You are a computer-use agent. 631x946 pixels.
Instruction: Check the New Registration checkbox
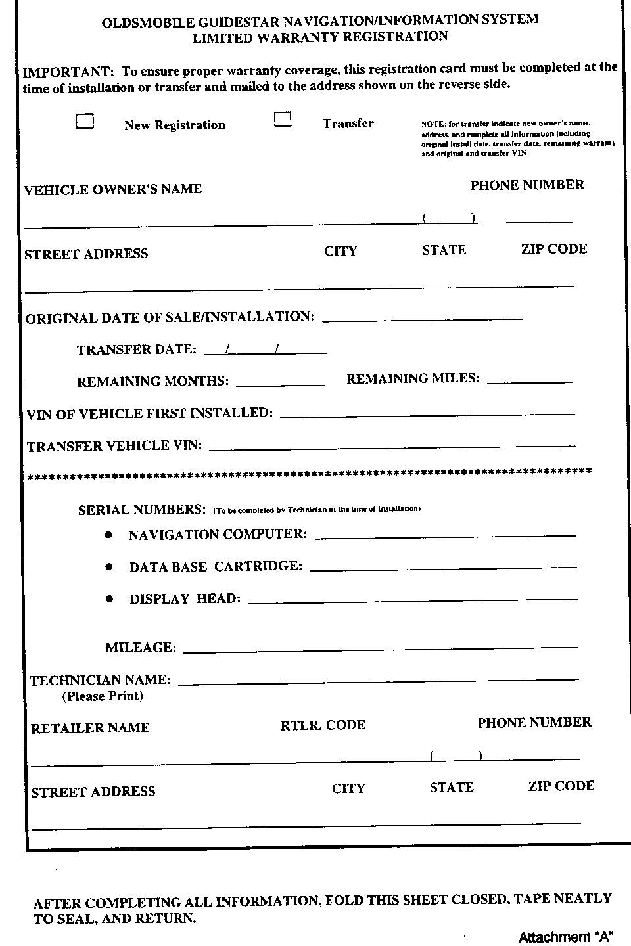[x=85, y=121]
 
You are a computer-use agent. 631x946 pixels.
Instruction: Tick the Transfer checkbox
[x=283, y=119]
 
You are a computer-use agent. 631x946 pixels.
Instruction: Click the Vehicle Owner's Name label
[x=113, y=189]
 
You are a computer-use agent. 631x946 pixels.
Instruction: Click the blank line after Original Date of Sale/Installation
[x=423, y=319]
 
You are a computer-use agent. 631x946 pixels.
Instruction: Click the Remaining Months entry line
[x=280, y=382]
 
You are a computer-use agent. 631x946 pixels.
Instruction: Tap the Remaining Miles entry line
[x=530, y=380]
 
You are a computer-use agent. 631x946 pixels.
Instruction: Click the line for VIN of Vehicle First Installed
[x=427, y=414]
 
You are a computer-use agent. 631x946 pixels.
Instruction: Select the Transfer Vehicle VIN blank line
[x=392, y=447]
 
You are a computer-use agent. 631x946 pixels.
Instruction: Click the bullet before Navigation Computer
[x=108, y=535]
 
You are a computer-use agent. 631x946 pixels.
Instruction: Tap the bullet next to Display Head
[x=109, y=598]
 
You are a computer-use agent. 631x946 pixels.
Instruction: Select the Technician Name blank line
[x=379, y=681]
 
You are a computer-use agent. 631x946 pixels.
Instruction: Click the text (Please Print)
[x=103, y=696]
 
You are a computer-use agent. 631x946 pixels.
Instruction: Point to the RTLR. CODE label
[x=323, y=725]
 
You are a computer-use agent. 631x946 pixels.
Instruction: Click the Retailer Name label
[x=90, y=728]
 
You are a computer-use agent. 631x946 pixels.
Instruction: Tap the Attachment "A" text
[x=561, y=937]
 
